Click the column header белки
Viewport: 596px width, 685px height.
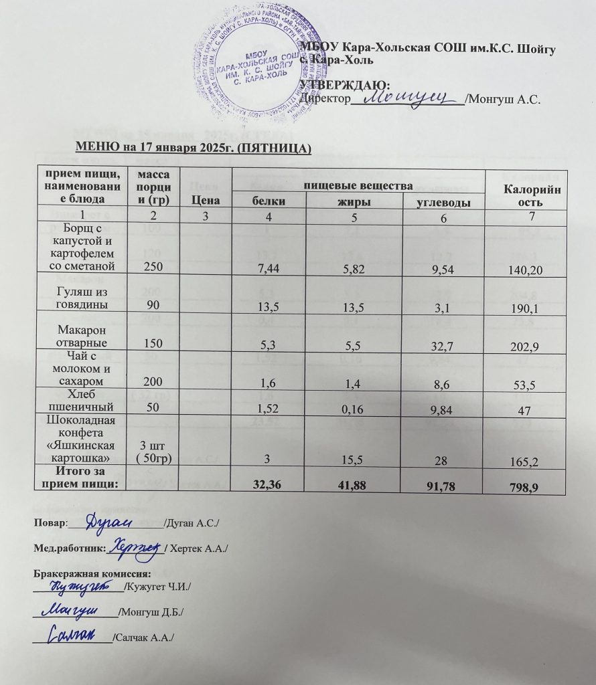pos(268,201)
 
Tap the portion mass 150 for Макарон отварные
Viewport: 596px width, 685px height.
pos(153,346)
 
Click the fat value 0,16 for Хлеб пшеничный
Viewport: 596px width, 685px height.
pos(356,408)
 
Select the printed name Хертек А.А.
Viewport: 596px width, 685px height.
pos(199,549)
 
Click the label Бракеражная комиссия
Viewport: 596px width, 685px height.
pos(92,573)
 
